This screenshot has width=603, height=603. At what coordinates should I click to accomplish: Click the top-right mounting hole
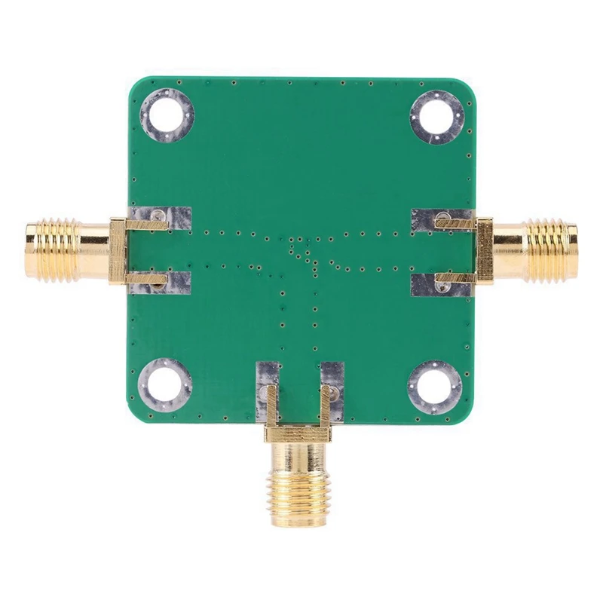coord(436,115)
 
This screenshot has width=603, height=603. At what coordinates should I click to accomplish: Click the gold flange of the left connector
coord(117,250)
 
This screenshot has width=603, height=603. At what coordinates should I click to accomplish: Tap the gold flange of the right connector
coord(485,249)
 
